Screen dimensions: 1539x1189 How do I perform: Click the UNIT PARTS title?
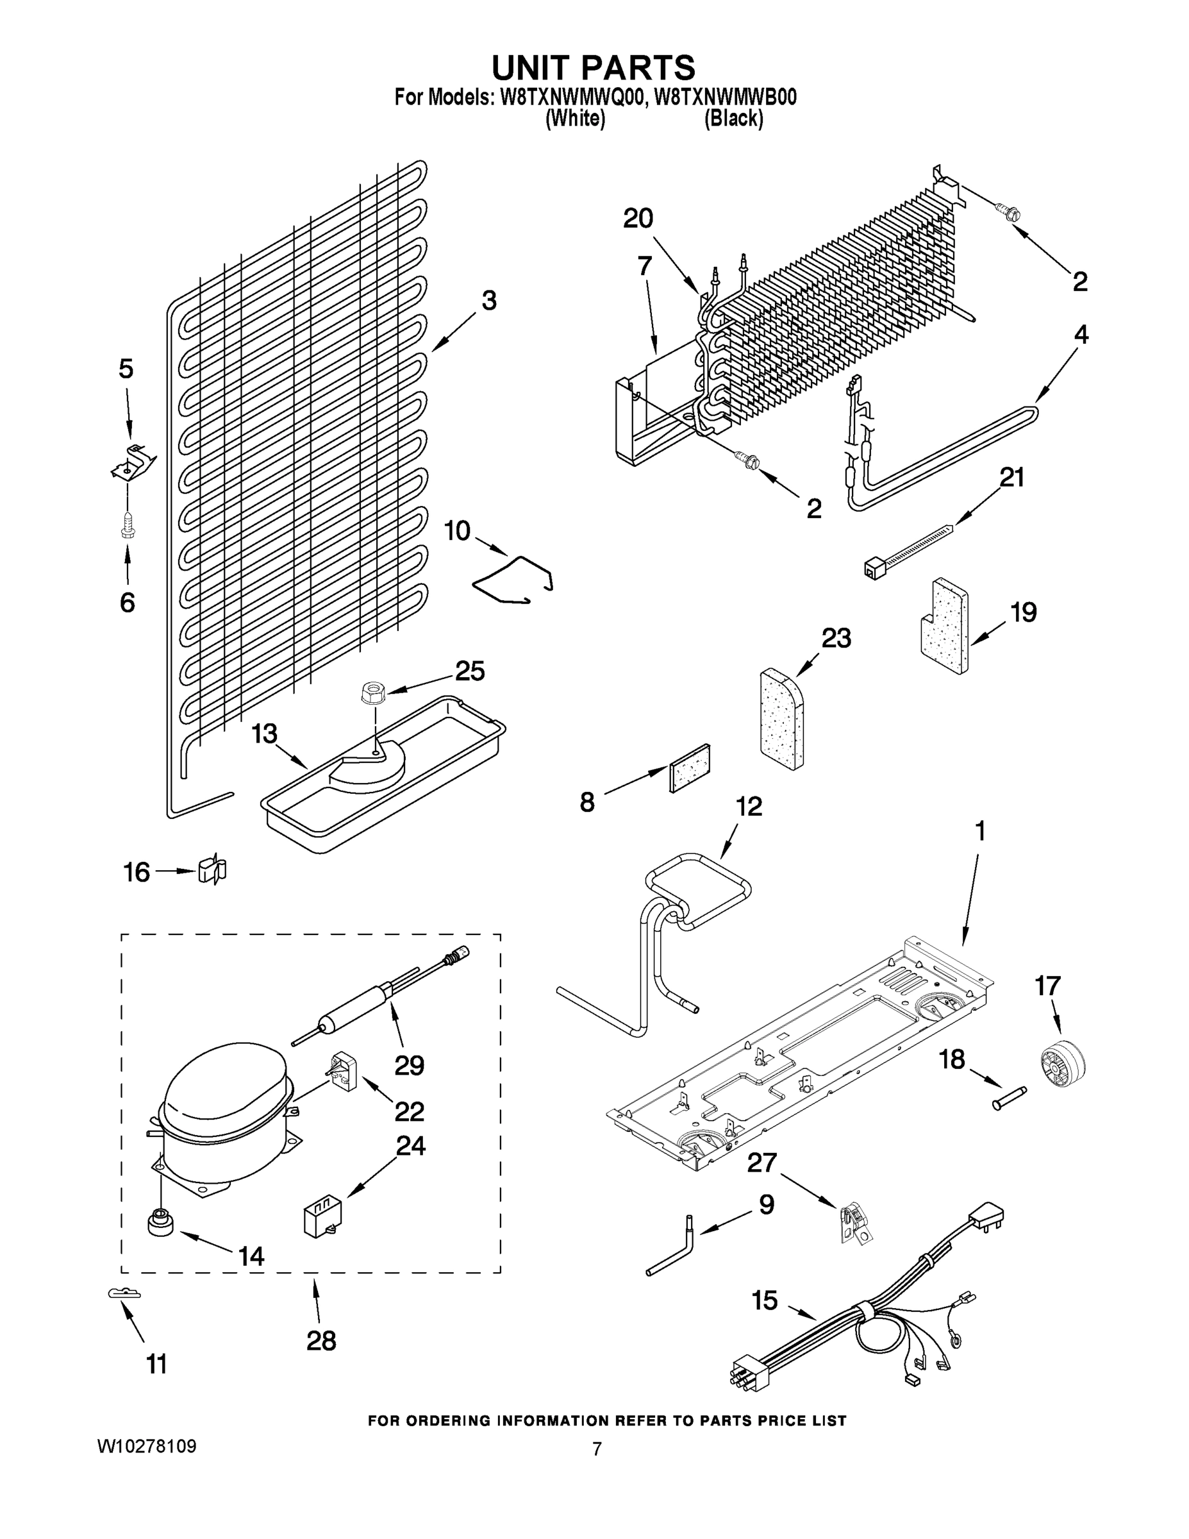593,67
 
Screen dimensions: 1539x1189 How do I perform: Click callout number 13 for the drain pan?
264,734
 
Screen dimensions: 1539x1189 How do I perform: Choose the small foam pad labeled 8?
689,768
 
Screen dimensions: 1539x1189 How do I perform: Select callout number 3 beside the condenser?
489,301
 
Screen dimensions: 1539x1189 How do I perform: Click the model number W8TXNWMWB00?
726,97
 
